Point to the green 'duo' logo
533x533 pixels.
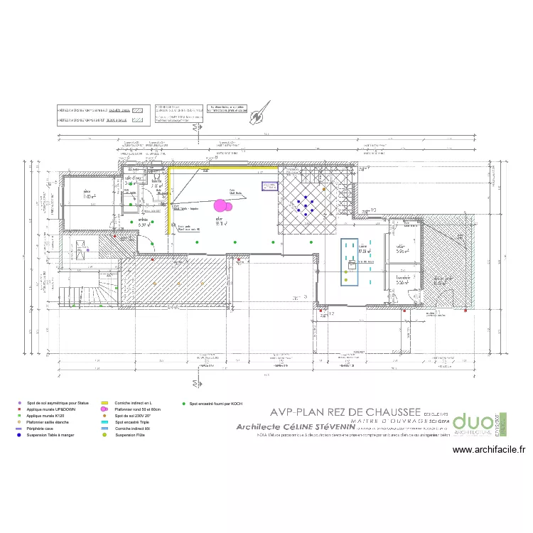[472, 424]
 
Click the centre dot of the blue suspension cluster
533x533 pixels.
[306, 205]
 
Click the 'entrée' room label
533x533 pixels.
[143, 221]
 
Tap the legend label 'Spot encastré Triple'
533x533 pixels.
[131, 422]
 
